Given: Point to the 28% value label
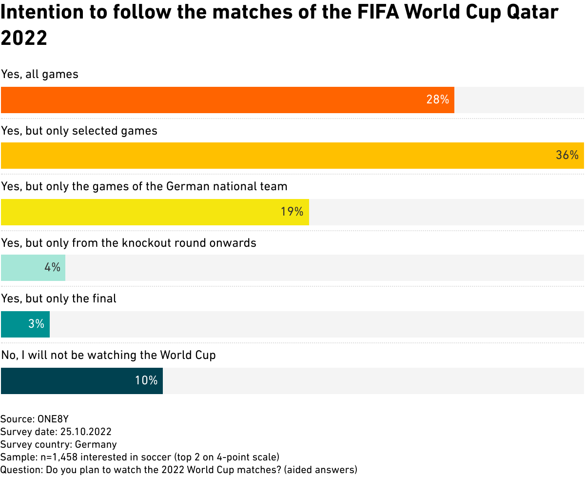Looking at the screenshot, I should tap(437, 100).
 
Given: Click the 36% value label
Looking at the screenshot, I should tap(567, 156).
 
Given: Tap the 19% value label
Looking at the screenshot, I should tap(292, 212).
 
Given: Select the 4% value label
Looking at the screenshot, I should tap(52, 268).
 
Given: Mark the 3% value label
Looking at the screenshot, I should tap(37, 324).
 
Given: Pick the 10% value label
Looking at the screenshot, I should tap(146, 380).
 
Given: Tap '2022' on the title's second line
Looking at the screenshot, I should tap(24, 37).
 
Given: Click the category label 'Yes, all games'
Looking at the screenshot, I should tap(39, 75).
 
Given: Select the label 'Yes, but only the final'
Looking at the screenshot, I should tap(58, 298).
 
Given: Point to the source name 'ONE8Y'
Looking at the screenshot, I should tap(57, 419).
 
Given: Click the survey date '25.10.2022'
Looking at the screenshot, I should tap(86, 432).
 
